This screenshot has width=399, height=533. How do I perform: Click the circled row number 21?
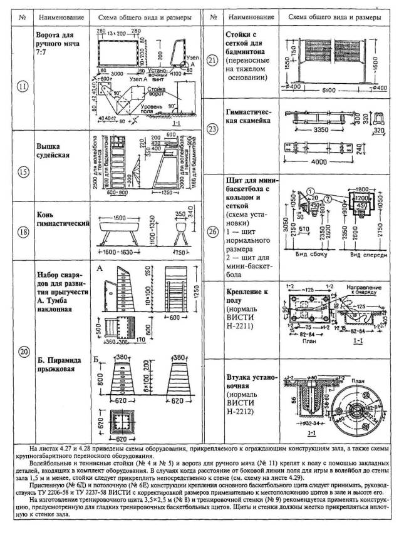pyautogui.click(x=211, y=61)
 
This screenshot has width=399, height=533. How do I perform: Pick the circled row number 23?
pyautogui.click(x=211, y=129)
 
